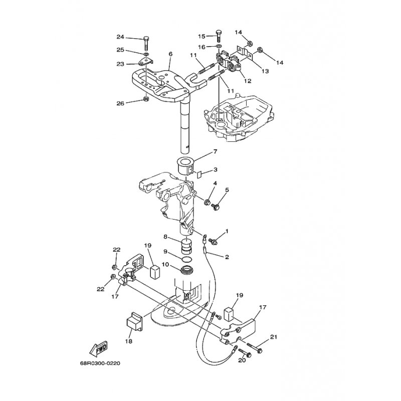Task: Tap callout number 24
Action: (120, 37)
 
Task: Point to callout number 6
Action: (170, 54)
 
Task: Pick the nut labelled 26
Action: (146, 98)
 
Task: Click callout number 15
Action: (202, 36)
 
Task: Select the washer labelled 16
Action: (219, 47)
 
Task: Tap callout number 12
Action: (248, 81)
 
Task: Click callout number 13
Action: (265, 71)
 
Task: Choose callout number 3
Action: (216, 169)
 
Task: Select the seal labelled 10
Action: (186, 270)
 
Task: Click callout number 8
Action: (165, 237)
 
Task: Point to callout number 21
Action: (274, 337)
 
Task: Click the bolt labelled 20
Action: (245, 353)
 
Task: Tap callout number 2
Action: (227, 257)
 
